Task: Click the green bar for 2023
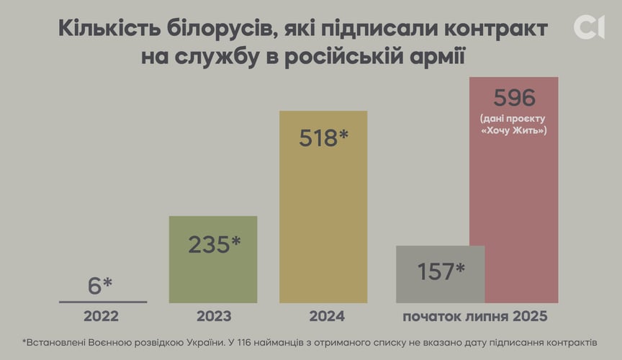pos(213,274)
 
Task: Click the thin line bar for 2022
pos(103,302)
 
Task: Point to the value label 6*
pos(100,285)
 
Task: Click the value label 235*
pos(214,245)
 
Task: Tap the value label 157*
pos(441,271)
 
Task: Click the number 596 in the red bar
pos(513,97)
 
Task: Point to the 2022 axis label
pos(101,316)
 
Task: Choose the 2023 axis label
pos(214,316)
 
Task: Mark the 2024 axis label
pos(327,316)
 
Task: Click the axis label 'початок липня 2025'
pos(475,316)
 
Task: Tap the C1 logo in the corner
pos(589,27)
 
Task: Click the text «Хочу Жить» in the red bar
pos(513,130)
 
